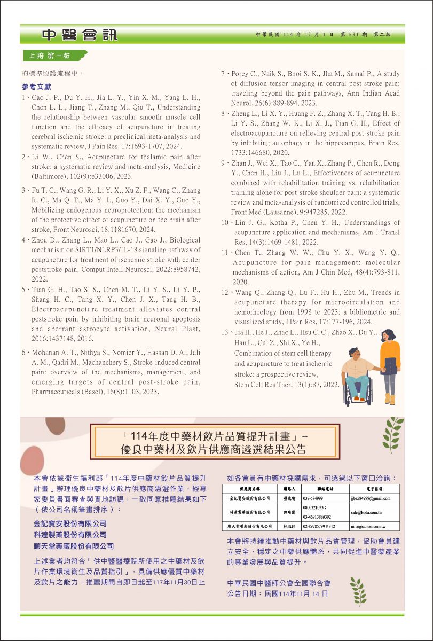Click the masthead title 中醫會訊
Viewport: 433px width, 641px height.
80,36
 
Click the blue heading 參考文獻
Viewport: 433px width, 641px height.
37,87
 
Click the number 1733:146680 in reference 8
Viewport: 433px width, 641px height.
253,153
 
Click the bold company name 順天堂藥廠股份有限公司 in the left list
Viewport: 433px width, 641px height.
74,546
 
